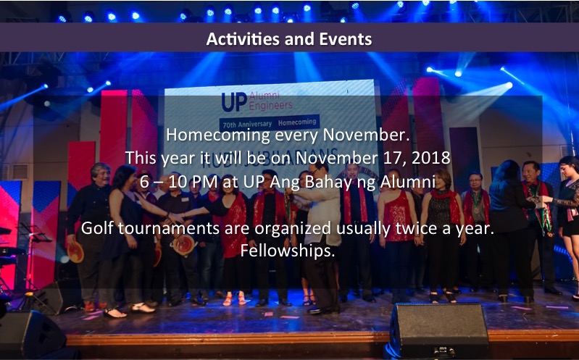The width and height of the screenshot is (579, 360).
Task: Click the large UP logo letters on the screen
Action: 234,102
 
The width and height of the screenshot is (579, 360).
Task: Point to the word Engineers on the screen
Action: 271,106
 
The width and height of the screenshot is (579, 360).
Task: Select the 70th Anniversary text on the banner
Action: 247,125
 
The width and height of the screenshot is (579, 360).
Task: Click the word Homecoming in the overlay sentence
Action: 218,135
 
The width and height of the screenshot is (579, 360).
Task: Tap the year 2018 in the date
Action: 431,158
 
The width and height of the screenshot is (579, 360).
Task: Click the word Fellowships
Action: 288,251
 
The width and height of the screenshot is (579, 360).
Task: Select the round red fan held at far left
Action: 75,252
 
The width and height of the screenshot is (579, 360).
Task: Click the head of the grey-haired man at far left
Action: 101,174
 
